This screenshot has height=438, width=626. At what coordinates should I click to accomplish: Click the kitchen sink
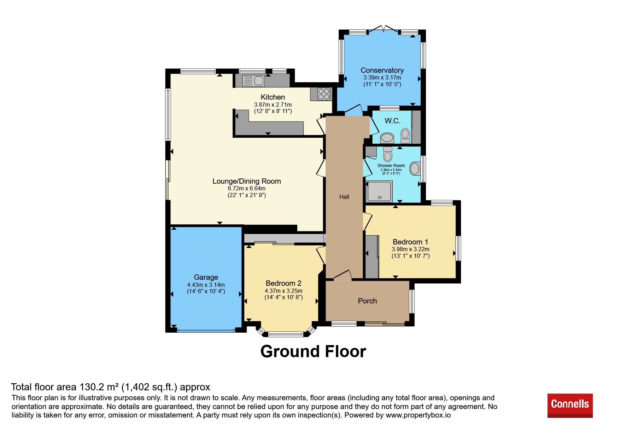pos(253,81)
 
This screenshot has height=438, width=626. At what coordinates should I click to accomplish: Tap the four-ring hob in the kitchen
pos(324,94)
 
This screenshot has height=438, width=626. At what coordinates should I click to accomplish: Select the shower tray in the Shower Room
pos(379,191)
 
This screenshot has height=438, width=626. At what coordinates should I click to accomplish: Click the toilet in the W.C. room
pos(405,136)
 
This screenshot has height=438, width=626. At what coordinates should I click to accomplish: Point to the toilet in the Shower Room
pos(388,154)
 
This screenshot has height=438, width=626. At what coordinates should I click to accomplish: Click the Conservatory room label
pos(382,70)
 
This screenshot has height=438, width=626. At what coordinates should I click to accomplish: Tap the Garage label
pos(206,277)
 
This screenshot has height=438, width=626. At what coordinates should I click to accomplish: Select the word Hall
pos(344,197)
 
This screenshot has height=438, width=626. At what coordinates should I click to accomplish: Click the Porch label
pos(368,301)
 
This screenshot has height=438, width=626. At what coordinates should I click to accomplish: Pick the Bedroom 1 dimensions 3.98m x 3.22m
pos(411,249)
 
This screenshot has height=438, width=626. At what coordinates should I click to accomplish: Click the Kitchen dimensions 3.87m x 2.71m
pos(273,105)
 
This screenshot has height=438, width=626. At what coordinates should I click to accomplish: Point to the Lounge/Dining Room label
pos(247,181)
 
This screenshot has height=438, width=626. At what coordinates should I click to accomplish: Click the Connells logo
pos(570,406)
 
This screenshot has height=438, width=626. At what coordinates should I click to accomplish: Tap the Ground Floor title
pos(313,351)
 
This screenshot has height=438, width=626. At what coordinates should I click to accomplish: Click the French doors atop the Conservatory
pos(384,29)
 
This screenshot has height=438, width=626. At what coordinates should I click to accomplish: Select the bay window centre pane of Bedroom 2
pos(286,334)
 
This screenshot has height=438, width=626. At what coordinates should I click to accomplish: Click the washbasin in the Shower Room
pos(415,168)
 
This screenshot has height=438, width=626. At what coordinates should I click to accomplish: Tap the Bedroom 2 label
pos(283,283)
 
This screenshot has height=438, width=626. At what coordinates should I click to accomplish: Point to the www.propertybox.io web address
pos(418,415)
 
